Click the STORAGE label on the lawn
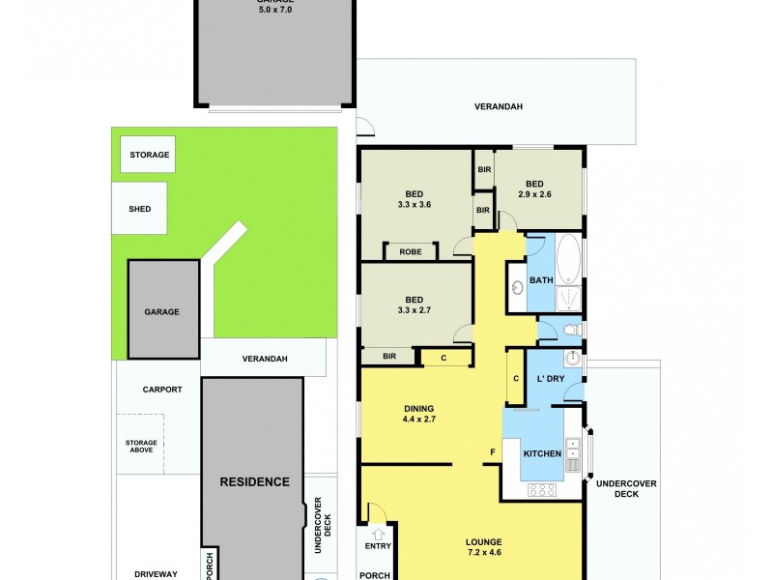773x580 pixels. click(x=149, y=155)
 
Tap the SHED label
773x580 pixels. click(x=139, y=209)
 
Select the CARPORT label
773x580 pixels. click(x=161, y=390)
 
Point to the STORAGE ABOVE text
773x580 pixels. click(x=140, y=446)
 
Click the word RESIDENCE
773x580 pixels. click(x=254, y=481)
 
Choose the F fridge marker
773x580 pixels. click(x=492, y=452)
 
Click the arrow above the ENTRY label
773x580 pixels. click(x=378, y=533)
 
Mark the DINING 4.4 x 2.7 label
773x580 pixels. click(x=418, y=414)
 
